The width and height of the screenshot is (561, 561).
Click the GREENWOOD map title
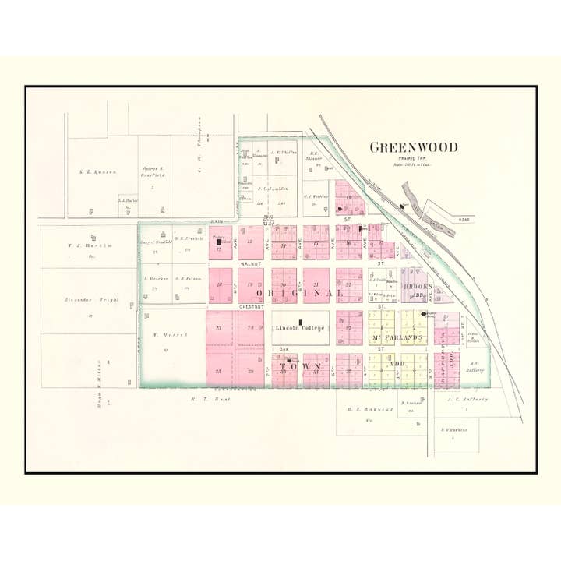coord(413,147)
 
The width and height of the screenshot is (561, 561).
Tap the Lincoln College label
coord(300,328)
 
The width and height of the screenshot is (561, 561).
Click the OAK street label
coord(284,348)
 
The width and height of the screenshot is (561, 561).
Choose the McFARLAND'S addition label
coord(396,337)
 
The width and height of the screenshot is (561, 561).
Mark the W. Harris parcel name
coord(166,334)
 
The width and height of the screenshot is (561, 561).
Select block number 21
coord(316,285)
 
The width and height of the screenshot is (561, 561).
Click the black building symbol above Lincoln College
coord(300,321)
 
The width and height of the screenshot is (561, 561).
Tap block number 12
coord(249,242)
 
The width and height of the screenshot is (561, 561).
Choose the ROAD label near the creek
coord(466,221)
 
